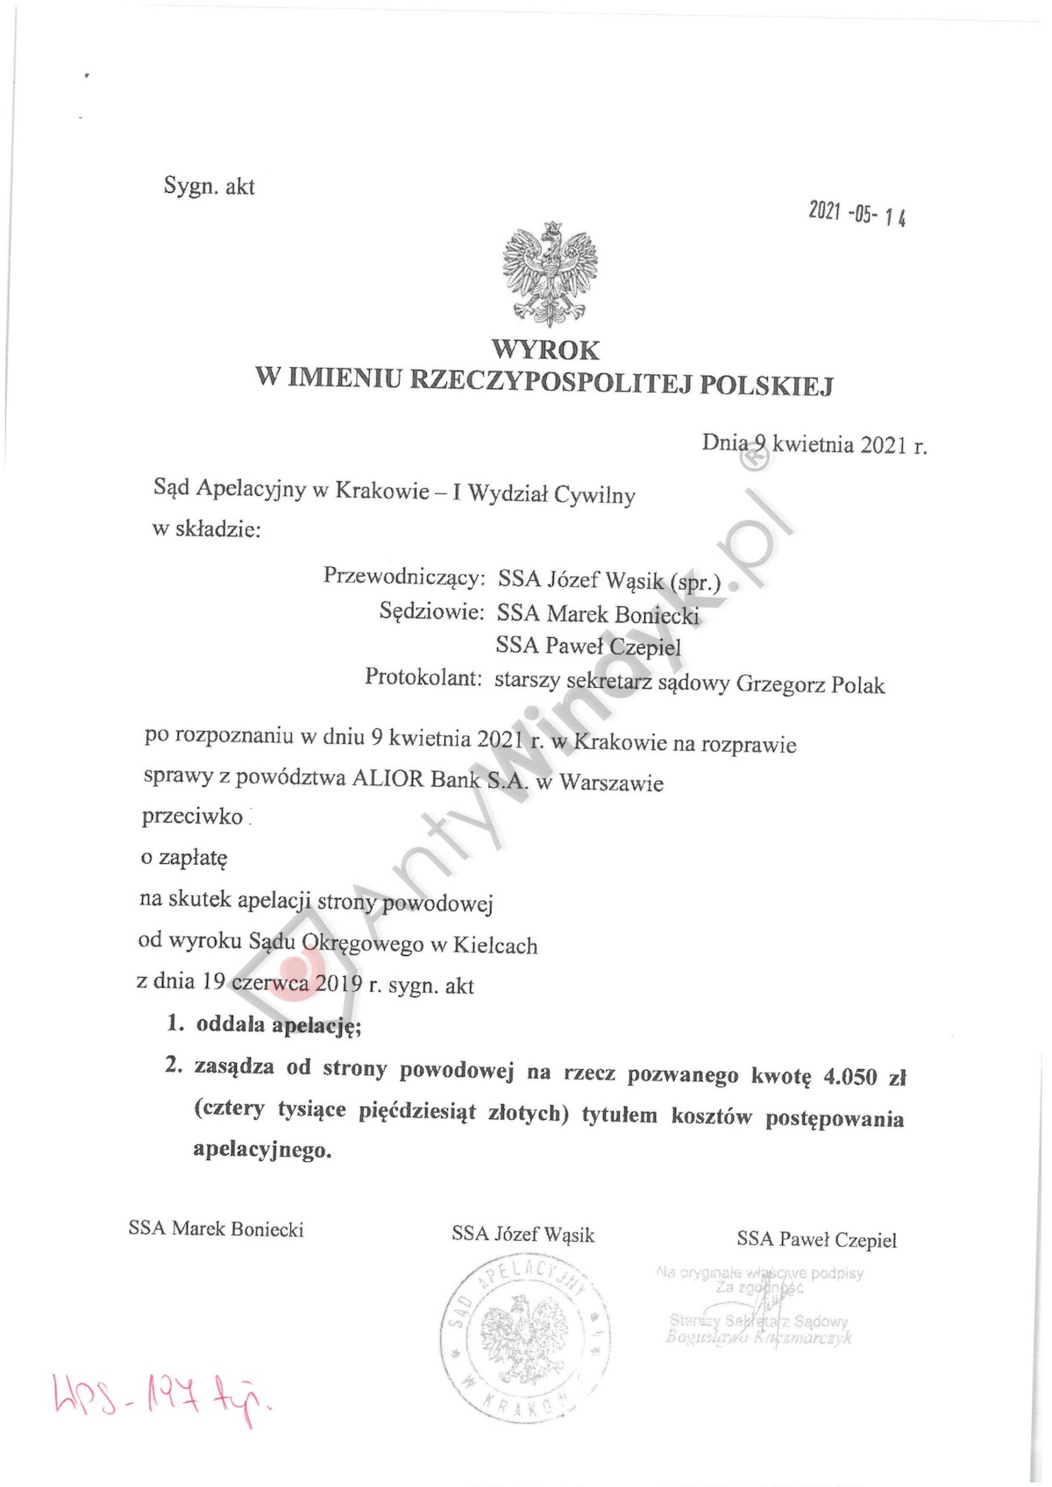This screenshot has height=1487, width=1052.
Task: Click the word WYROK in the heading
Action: [545, 351]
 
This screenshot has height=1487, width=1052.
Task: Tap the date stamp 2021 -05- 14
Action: [857, 213]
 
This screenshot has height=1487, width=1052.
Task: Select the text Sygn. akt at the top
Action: [209, 186]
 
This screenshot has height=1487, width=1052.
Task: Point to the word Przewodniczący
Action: [404, 576]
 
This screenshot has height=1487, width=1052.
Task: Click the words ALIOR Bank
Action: [416, 779]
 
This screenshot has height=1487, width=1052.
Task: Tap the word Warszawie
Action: [611, 782]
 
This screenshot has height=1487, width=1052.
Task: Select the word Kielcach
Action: [495, 945]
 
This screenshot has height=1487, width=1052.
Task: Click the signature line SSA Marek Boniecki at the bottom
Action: [216, 1229]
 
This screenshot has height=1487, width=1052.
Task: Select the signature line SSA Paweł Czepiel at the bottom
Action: [816, 1240]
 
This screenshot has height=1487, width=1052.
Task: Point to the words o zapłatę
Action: [183, 857]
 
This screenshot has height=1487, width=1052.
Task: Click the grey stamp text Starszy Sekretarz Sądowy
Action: [758, 1321]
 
